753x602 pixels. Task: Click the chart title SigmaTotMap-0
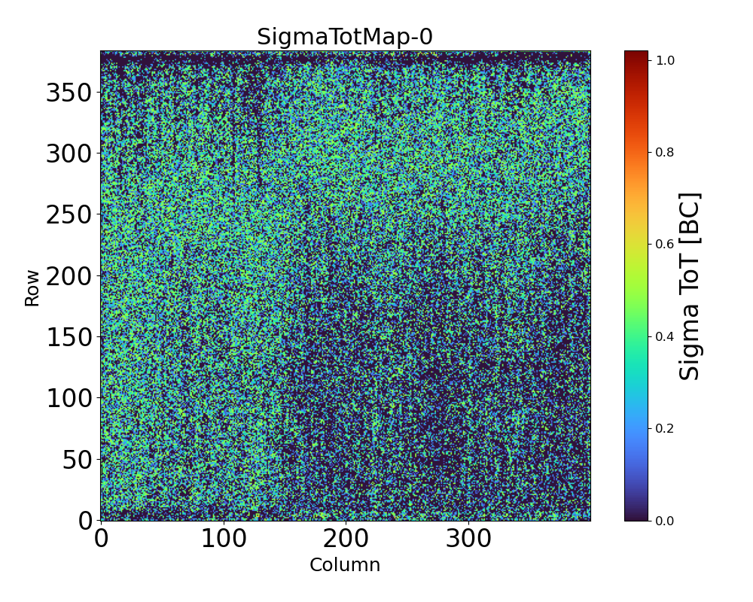click(x=345, y=37)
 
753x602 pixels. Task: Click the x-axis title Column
click(x=345, y=565)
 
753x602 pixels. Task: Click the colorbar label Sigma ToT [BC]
click(x=690, y=286)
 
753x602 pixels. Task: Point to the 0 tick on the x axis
click(x=101, y=539)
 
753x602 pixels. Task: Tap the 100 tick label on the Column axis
click(x=224, y=539)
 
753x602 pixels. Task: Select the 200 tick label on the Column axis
click(x=346, y=539)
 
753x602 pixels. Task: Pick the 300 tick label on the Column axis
click(x=468, y=539)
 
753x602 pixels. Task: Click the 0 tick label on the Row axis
click(x=87, y=521)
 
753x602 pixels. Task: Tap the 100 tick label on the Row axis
click(x=66, y=398)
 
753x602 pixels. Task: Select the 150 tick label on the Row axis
click(x=66, y=337)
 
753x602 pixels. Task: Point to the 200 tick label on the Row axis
click(x=66, y=276)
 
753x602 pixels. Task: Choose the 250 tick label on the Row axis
click(x=66, y=215)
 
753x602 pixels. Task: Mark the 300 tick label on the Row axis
click(x=66, y=154)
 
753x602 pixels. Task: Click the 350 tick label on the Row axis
click(x=66, y=93)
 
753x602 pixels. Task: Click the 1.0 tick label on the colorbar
click(x=665, y=59)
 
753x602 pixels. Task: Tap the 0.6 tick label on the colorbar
click(x=665, y=244)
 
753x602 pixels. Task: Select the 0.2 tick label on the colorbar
click(x=665, y=428)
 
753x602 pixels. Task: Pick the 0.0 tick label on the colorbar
click(x=665, y=521)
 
